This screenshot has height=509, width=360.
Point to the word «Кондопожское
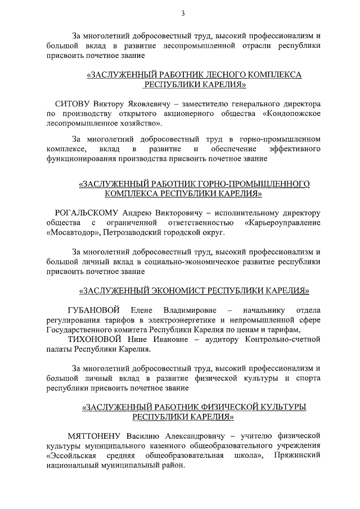click(291, 113)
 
